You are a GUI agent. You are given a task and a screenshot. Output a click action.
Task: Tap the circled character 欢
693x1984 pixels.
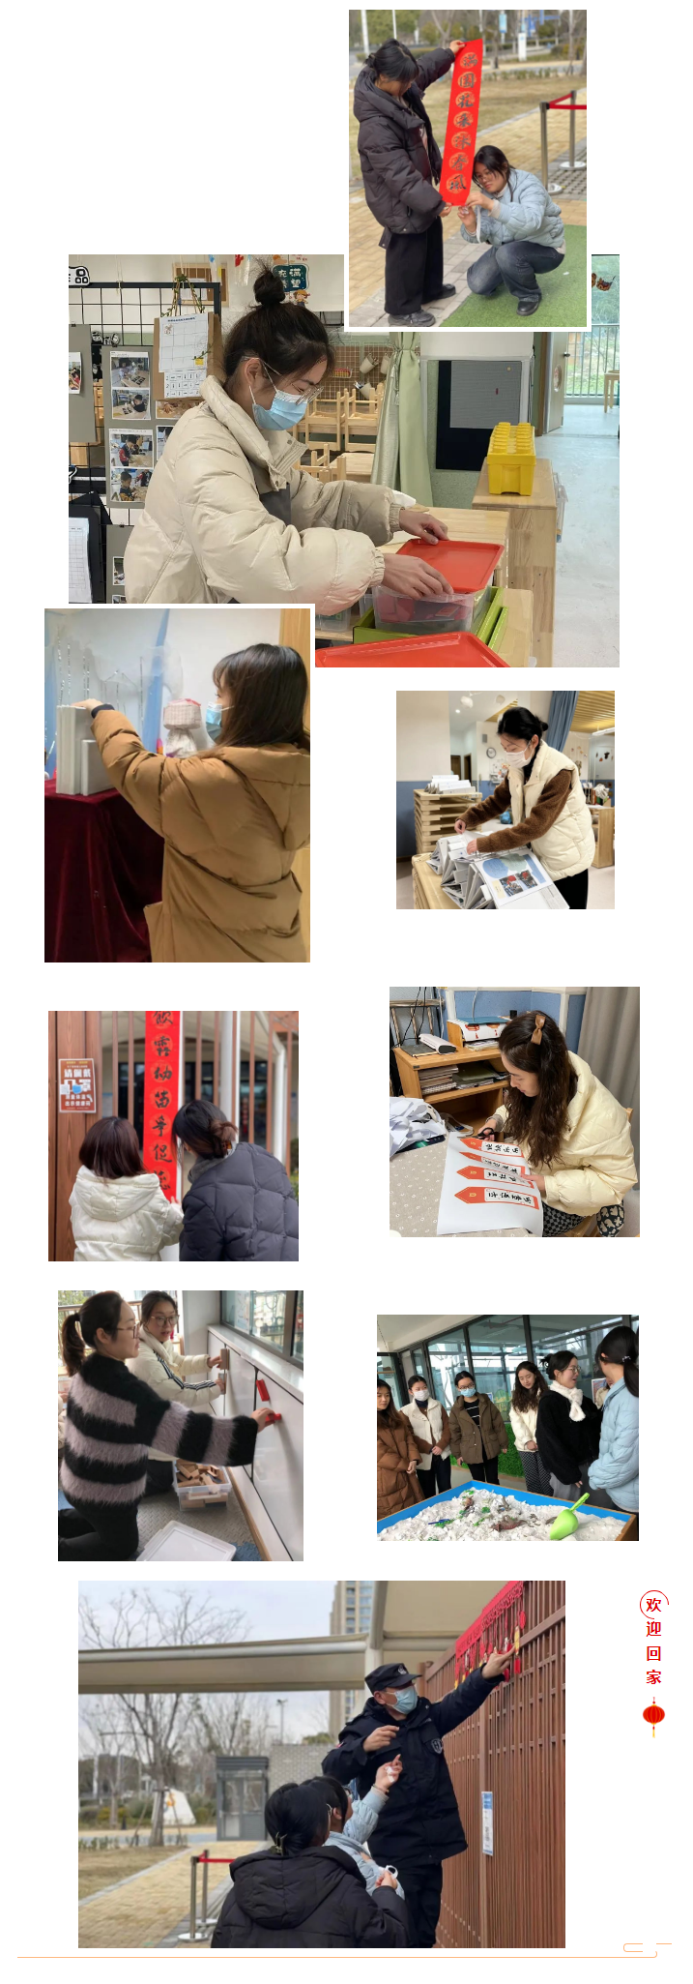[x=653, y=1606]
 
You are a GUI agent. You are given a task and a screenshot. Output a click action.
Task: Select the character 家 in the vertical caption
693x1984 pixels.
[x=653, y=1677]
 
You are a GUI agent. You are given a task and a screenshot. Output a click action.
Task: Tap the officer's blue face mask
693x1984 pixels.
[x=404, y=1699]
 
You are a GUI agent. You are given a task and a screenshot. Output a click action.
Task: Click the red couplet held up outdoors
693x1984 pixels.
[x=461, y=121]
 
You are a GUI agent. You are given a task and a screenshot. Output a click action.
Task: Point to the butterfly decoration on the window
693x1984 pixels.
[x=603, y=282]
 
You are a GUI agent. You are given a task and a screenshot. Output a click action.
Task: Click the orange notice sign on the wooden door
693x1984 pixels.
[x=76, y=1084]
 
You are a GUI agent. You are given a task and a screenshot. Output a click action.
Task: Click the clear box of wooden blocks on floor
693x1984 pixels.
[x=202, y=1483]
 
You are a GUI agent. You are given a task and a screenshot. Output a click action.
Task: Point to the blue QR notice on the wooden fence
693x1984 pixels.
[x=487, y=1822]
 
